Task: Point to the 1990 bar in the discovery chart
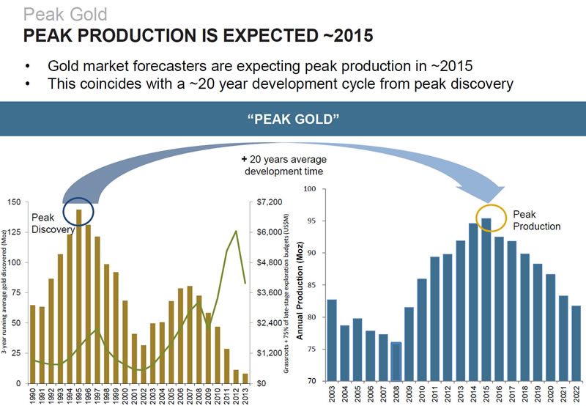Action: (x=32, y=344)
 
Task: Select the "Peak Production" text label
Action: (x=535, y=220)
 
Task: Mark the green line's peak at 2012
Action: (x=235, y=232)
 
